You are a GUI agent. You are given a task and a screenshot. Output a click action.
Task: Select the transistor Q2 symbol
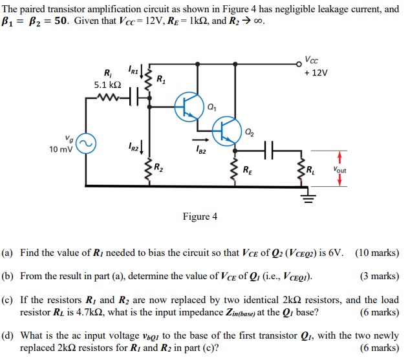[226, 131]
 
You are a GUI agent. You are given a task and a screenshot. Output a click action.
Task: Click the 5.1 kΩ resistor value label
[107, 84]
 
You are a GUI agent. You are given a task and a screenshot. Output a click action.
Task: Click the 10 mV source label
[61, 149]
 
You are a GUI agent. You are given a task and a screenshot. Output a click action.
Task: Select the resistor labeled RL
[302, 171]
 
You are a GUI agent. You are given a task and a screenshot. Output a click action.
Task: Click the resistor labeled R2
[151, 169]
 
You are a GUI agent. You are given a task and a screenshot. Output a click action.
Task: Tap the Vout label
[339, 170]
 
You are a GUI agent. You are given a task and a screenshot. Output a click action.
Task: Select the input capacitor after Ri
[134, 99]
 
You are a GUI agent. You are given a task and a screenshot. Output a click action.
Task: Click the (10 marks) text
[377, 253]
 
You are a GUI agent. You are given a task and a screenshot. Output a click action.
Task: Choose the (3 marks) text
[380, 277]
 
